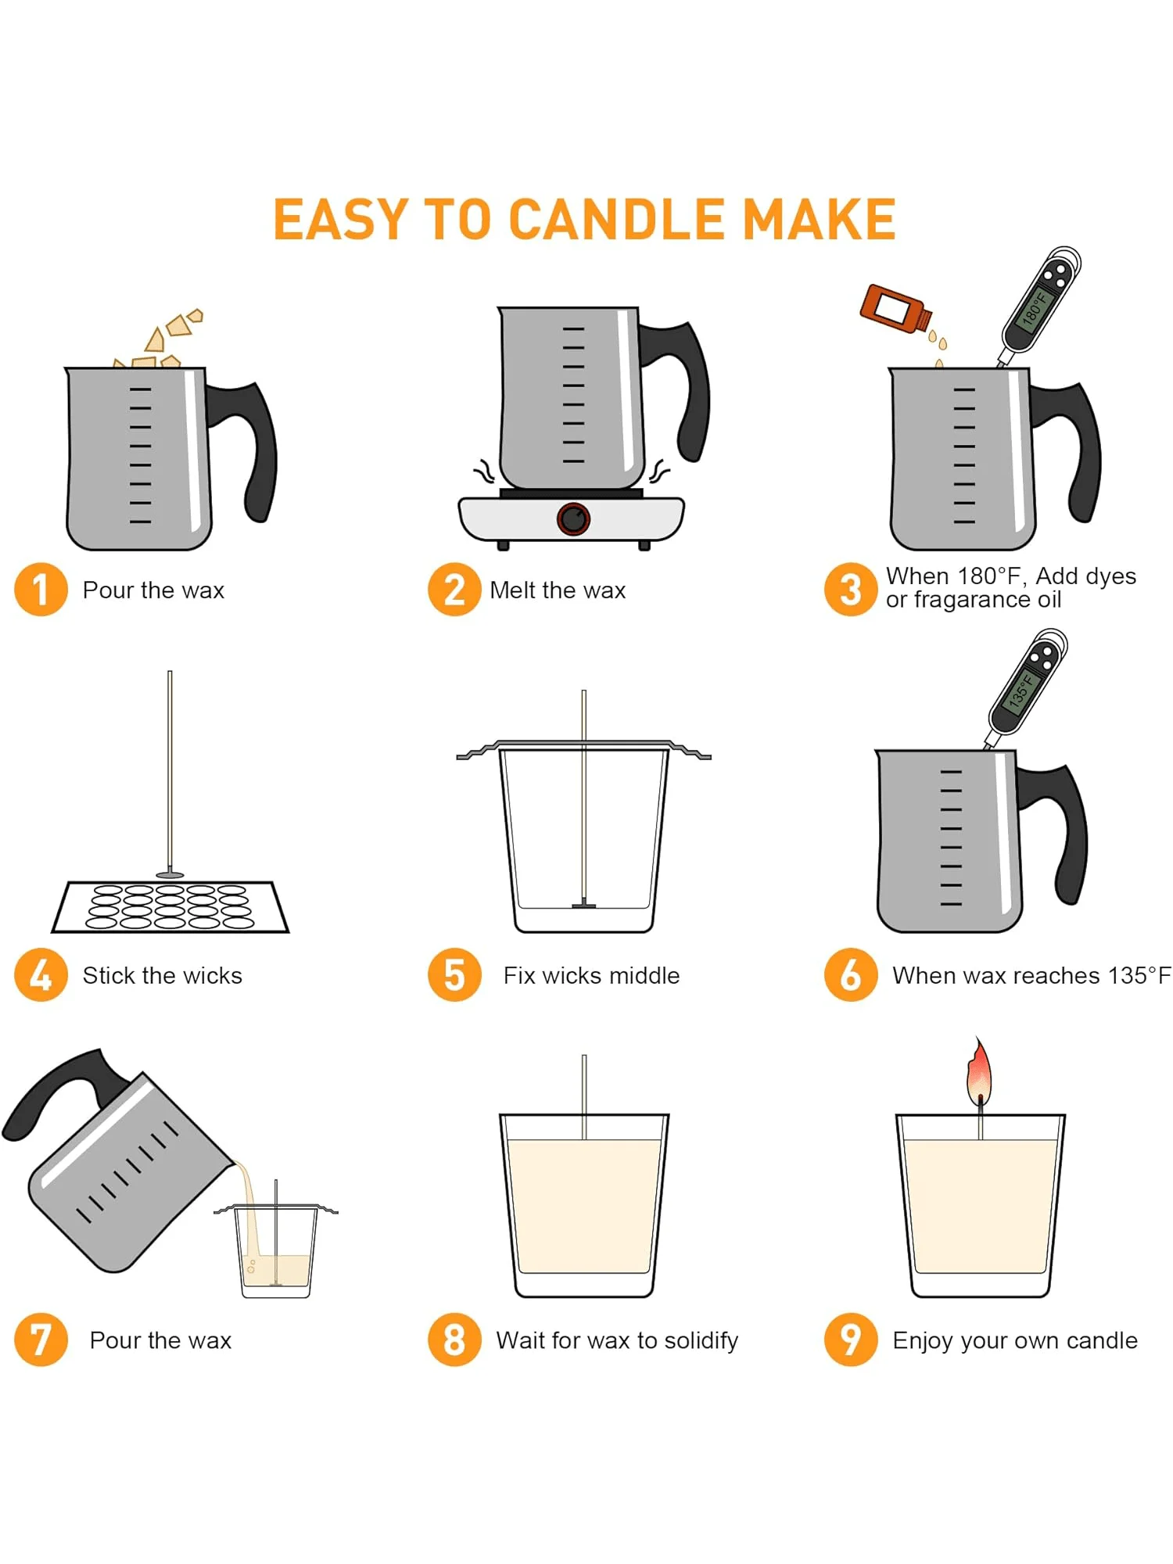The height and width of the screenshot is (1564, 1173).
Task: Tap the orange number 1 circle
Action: (x=41, y=590)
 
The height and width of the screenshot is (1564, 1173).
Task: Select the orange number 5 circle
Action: (x=454, y=974)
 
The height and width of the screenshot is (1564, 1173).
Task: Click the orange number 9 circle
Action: (x=851, y=1340)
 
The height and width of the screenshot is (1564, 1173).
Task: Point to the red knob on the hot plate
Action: (x=574, y=518)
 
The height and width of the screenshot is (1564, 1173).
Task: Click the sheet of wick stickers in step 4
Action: (x=170, y=907)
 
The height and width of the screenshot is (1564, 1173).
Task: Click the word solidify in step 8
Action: (x=701, y=1340)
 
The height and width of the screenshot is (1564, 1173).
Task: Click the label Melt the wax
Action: (x=558, y=590)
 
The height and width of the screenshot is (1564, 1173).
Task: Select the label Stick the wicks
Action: (x=163, y=975)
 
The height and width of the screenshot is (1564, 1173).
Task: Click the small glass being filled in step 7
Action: (x=276, y=1251)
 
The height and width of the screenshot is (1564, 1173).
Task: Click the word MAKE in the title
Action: (x=819, y=220)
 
